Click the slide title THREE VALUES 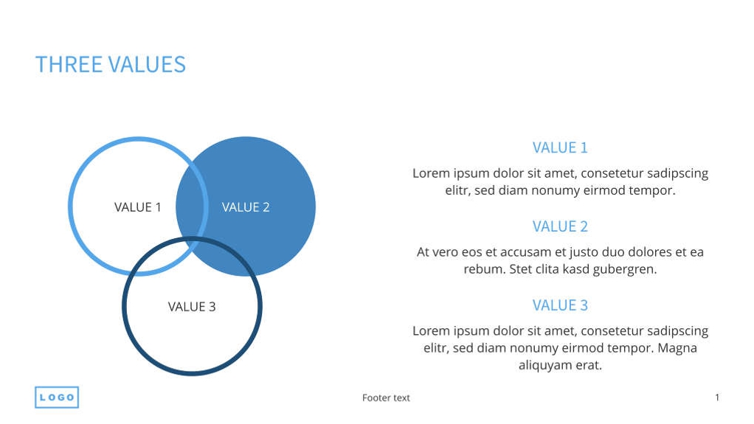111,65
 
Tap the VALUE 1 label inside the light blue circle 137,207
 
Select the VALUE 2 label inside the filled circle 246,207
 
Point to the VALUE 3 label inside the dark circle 192,307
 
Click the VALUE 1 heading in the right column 560,147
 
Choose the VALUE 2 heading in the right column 560,226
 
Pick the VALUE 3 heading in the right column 560,305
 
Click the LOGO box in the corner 57,397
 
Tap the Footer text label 386,398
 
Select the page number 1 716,397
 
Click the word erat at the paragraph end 588,366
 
